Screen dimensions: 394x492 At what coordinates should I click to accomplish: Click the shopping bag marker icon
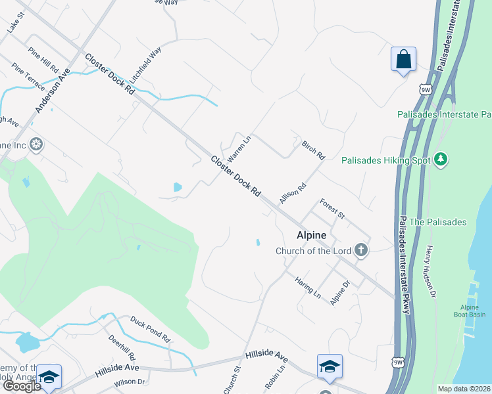click(403, 59)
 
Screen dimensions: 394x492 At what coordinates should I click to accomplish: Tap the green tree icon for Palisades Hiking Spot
click(441, 160)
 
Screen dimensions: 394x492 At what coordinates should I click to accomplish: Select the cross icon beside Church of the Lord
click(360, 250)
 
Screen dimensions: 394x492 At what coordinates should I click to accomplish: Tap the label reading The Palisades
click(437, 222)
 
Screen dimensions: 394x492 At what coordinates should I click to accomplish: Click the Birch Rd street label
click(313, 150)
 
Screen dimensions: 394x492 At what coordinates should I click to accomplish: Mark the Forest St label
click(332, 208)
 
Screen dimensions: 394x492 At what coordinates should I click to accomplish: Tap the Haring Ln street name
click(307, 287)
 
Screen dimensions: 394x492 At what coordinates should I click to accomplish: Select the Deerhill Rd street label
click(123, 347)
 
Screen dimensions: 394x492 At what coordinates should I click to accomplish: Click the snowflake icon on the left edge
click(37, 144)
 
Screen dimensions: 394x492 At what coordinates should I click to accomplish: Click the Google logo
click(21, 386)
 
